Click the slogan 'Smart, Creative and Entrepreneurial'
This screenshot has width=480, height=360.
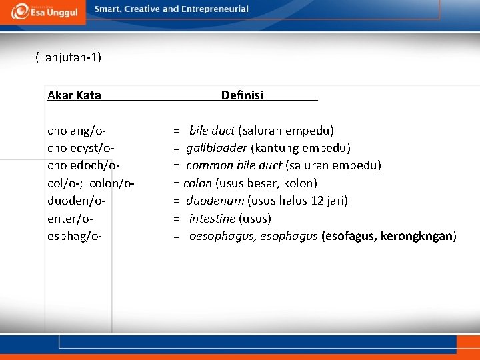tap(171, 9)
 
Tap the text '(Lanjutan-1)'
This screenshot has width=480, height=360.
tap(68, 57)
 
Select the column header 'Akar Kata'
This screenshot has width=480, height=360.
tap(74, 95)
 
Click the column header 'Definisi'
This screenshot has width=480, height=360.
tap(242, 95)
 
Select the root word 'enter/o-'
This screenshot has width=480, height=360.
tap(70, 218)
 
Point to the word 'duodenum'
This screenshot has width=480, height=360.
tap(215, 200)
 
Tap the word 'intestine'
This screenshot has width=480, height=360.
tap(212, 218)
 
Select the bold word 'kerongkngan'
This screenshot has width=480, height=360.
tap(417, 235)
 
